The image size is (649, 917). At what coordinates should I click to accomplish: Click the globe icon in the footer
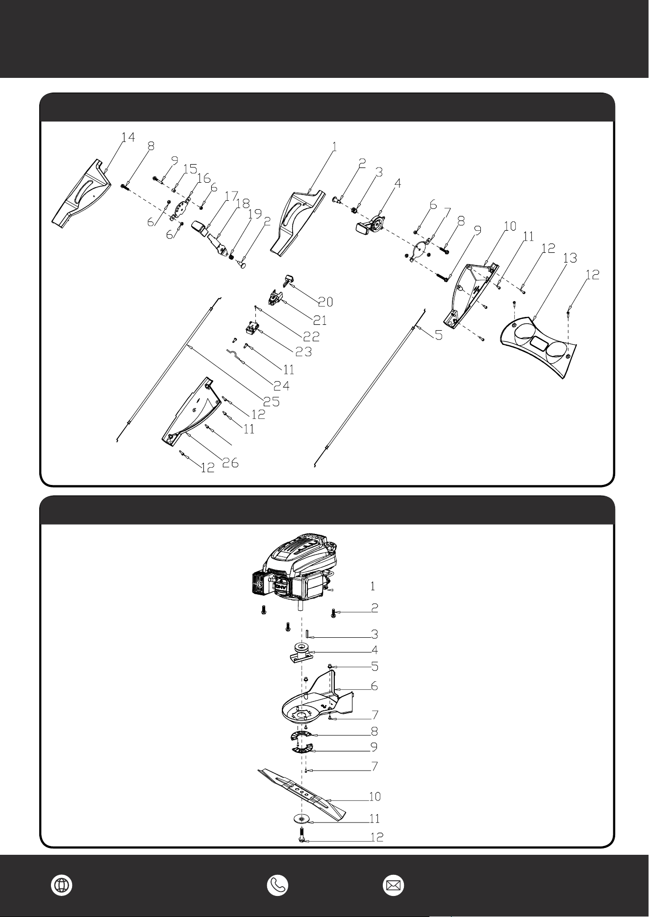pyautogui.click(x=62, y=885)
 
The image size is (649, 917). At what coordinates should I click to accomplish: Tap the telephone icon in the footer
pyautogui.click(x=277, y=885)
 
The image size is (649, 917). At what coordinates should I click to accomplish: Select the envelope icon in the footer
pyautogui.click(x=394, y=885)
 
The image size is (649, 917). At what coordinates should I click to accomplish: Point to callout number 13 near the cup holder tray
pyautogui.click(x=570, y=258)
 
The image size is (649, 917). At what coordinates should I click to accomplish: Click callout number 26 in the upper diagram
pyautogui.click(x=230, y=462)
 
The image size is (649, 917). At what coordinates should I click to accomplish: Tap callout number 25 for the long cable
pyautogui.click(x=272, y=402)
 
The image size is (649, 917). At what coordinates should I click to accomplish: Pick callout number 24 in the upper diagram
pyautogui.click(x=281, y=386)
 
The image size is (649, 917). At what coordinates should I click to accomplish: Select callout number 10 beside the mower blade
pyautogui.click(x=374, y=797)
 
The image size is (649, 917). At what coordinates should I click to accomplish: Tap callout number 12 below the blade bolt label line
pyautogui.click(x=376, y=837)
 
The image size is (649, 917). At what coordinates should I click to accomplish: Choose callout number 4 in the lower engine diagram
pyautogui.click(x=375, y=651)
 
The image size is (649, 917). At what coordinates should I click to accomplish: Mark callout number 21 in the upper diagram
pyautogui.click(x=320, y=321)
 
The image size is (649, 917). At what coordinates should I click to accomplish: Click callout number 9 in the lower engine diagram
pyautogui.click(x=374, y=747)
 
